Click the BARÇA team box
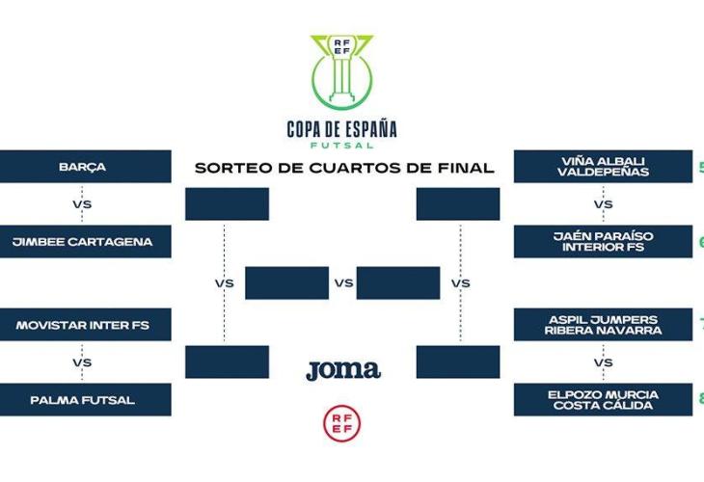click(x=86, y=167)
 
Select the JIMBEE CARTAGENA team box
click(x=86, y=242)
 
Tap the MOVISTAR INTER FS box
click(x=86, y=325)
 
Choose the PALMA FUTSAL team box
click(x=86, y=400)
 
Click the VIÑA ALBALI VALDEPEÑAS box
click(x=603, y=167)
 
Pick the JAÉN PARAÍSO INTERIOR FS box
click(x=603, y=242)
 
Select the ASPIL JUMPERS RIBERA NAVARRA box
click(x=603, y=325)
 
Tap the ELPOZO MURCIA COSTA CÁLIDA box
click(x=603, y=400)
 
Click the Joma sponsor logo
click(x=343, y=369)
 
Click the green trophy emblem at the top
click(x=341, y=72)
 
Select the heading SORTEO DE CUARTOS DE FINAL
click(x=344, y=168)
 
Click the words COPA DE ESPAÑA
click(x=342, y=129)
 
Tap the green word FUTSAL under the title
click(x=342, y=145)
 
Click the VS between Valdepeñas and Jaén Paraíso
click(x=604, y=204)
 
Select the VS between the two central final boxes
click(x=344, y=283)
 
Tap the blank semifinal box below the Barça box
click(x=227, y=204)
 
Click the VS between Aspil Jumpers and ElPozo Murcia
click(x=604, y=362)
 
